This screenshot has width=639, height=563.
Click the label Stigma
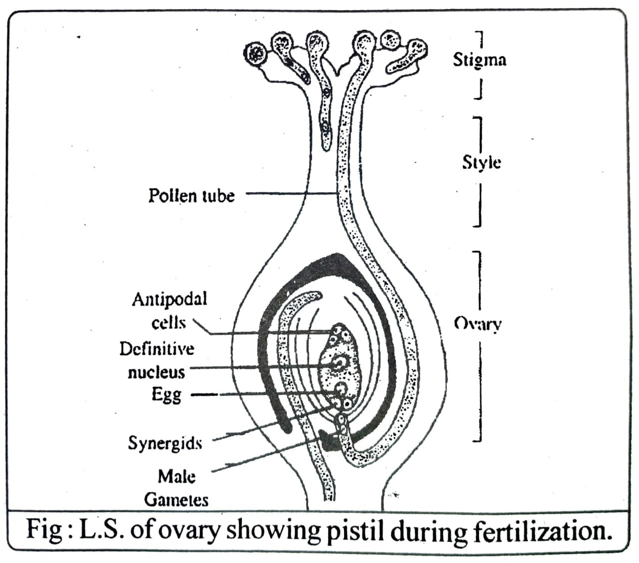click(x=479, y=59)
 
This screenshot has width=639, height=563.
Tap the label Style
click(x=481, y=163)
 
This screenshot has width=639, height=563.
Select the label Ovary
click(x=478, y=324)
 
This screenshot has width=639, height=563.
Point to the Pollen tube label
click(x=191, y=195)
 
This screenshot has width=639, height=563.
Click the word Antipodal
click(x=169, y=299)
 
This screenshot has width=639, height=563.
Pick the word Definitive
click(x=157, y=348)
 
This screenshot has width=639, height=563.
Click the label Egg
click(x=167, y=395)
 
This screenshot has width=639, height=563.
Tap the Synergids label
click(x=165, y=443)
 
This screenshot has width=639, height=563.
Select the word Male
click(x=176, y=477)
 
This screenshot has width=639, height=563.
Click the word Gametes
click(x=176, y=500)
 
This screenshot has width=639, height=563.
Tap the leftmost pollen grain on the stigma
click(x=257, y=52)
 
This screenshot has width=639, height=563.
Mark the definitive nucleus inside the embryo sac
click(x=340, y=362)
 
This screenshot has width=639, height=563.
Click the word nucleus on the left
click(x=156, y=372)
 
